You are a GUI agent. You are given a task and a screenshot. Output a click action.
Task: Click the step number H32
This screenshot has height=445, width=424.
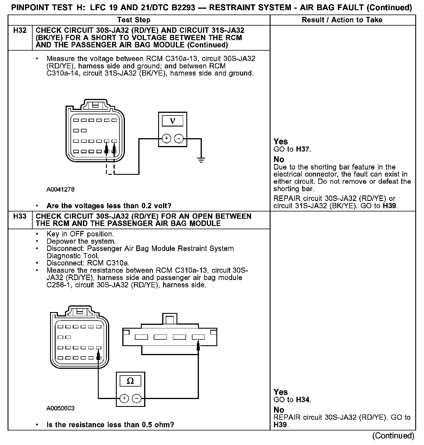click(x=20, y=31)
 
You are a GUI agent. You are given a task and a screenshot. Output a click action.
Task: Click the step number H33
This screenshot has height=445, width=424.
click(x=20, y=216)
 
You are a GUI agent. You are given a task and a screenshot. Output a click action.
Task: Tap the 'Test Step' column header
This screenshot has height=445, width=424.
click(x=134, y=20)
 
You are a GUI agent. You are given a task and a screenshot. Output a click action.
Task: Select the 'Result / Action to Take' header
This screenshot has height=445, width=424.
click(x=342, y=20)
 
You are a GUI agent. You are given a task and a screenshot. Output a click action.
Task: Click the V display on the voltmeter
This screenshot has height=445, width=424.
click(x=172, y=121)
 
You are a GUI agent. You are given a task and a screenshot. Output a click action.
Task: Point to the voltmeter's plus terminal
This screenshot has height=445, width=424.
click(x=166, y=139)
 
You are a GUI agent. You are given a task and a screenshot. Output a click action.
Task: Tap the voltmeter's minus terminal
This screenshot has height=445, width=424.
click(x=179, y=139)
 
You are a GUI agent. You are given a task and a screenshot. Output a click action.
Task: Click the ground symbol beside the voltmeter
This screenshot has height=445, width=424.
click(x=201, y=160)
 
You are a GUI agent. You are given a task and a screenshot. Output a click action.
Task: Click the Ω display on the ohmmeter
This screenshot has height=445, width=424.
click(x=130, y=381)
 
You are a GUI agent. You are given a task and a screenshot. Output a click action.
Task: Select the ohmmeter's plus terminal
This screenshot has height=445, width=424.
click(x=124, y=398)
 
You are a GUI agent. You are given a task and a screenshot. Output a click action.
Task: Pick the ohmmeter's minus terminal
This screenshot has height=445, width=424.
click(x=137, y=398)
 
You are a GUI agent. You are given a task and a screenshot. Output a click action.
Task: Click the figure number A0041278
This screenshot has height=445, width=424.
click(x=60, y=190)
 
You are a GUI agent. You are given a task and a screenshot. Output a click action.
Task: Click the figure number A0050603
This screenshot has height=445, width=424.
click(x=60, y=408)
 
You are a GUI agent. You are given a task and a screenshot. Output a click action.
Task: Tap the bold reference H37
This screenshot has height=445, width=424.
click(x=303, y=149)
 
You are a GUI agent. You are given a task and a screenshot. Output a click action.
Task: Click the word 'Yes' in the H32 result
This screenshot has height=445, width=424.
click(x=281, y=142)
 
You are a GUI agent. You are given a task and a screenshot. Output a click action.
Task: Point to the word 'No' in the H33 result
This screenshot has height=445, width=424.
click(x=279, y=410)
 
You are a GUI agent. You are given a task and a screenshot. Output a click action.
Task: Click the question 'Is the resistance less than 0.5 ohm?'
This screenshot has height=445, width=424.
click(x=110, y=425)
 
